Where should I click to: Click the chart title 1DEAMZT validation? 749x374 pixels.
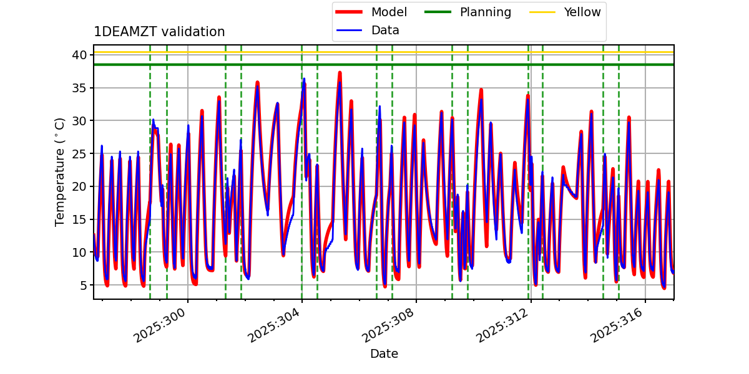[x=159, y=32]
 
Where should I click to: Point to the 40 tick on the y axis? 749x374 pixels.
[x=79, y=55]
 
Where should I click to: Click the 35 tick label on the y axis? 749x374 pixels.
[x=79, y=88]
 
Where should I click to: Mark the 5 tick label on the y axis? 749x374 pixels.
[x=82, y=285]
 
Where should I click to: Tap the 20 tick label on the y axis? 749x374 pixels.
[x=79, y=186]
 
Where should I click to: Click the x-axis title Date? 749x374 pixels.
[x=384, y=353]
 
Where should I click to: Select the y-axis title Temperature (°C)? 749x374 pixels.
[x=60, y=171]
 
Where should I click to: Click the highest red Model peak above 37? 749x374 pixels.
[x=340, y=73]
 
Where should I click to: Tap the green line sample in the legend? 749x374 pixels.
[x=438, y=12]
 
